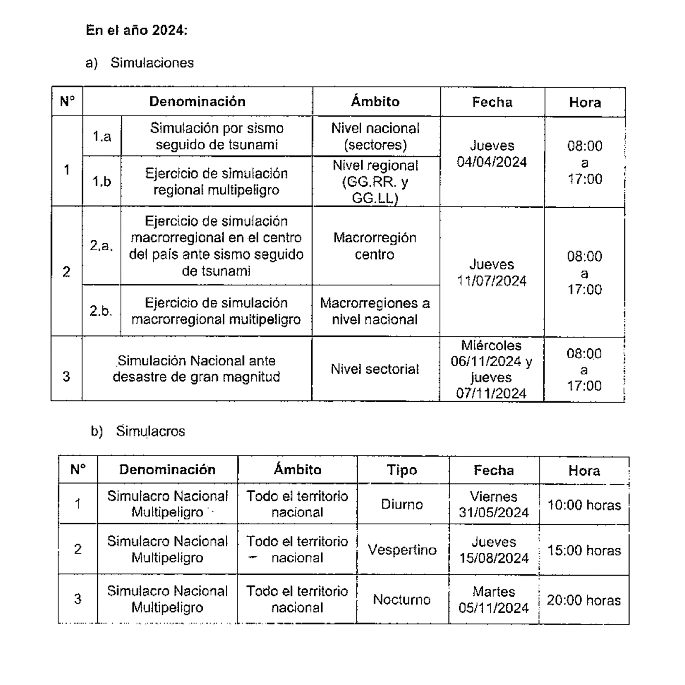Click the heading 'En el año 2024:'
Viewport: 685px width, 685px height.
tap(137, 31)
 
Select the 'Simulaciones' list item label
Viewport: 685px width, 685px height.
tap(152, 63)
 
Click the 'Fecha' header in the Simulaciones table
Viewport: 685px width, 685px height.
tap(492, 102)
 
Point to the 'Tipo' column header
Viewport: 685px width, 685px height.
tap(402, 470)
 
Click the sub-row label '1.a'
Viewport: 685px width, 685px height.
tap(102, 137)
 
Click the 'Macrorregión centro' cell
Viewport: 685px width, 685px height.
tap(375, 246)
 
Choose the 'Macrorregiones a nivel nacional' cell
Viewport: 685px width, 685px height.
tap(375, 311)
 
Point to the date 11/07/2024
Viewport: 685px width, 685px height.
tap(491, 281)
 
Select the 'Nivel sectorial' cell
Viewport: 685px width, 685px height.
tap(375, 369)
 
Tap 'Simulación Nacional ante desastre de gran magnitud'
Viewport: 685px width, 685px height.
tap(196, 369)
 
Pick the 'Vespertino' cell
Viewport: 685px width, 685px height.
tap(402, 550)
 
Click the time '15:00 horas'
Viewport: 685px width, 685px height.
tap(584, 550)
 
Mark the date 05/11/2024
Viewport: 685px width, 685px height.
tap(493, 608)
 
